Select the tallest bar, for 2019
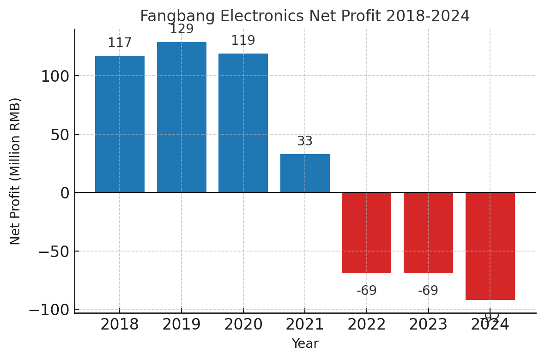(182, 117)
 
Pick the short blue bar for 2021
(305, 173)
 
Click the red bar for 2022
(366, 233)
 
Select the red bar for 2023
(428, 233)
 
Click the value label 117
(120, 43)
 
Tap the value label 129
(182, 30)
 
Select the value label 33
(305, 141)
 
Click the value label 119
(243, 41)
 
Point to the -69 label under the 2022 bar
(367, 291)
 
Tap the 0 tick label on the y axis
(64, 193)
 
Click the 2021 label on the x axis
(305, 325)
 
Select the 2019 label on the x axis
(182, 325)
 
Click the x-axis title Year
(305, 344)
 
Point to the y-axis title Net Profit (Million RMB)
(15, 171)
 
